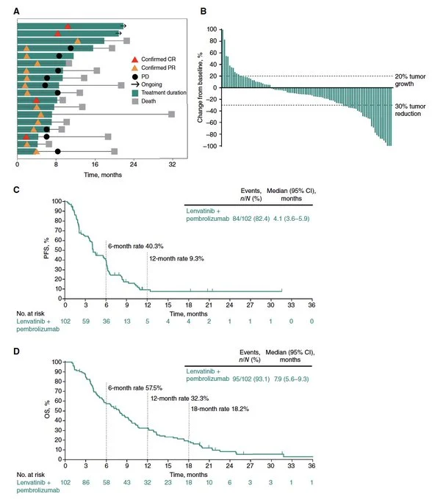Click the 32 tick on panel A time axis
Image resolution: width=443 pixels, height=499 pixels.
click(x=171, y=164)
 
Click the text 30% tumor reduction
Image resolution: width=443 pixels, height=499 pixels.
click(x=415, y=110)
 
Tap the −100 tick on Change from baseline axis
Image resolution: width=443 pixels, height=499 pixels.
click(x=209, y=147)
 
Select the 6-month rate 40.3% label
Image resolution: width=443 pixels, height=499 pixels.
click(x=136, y=247)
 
